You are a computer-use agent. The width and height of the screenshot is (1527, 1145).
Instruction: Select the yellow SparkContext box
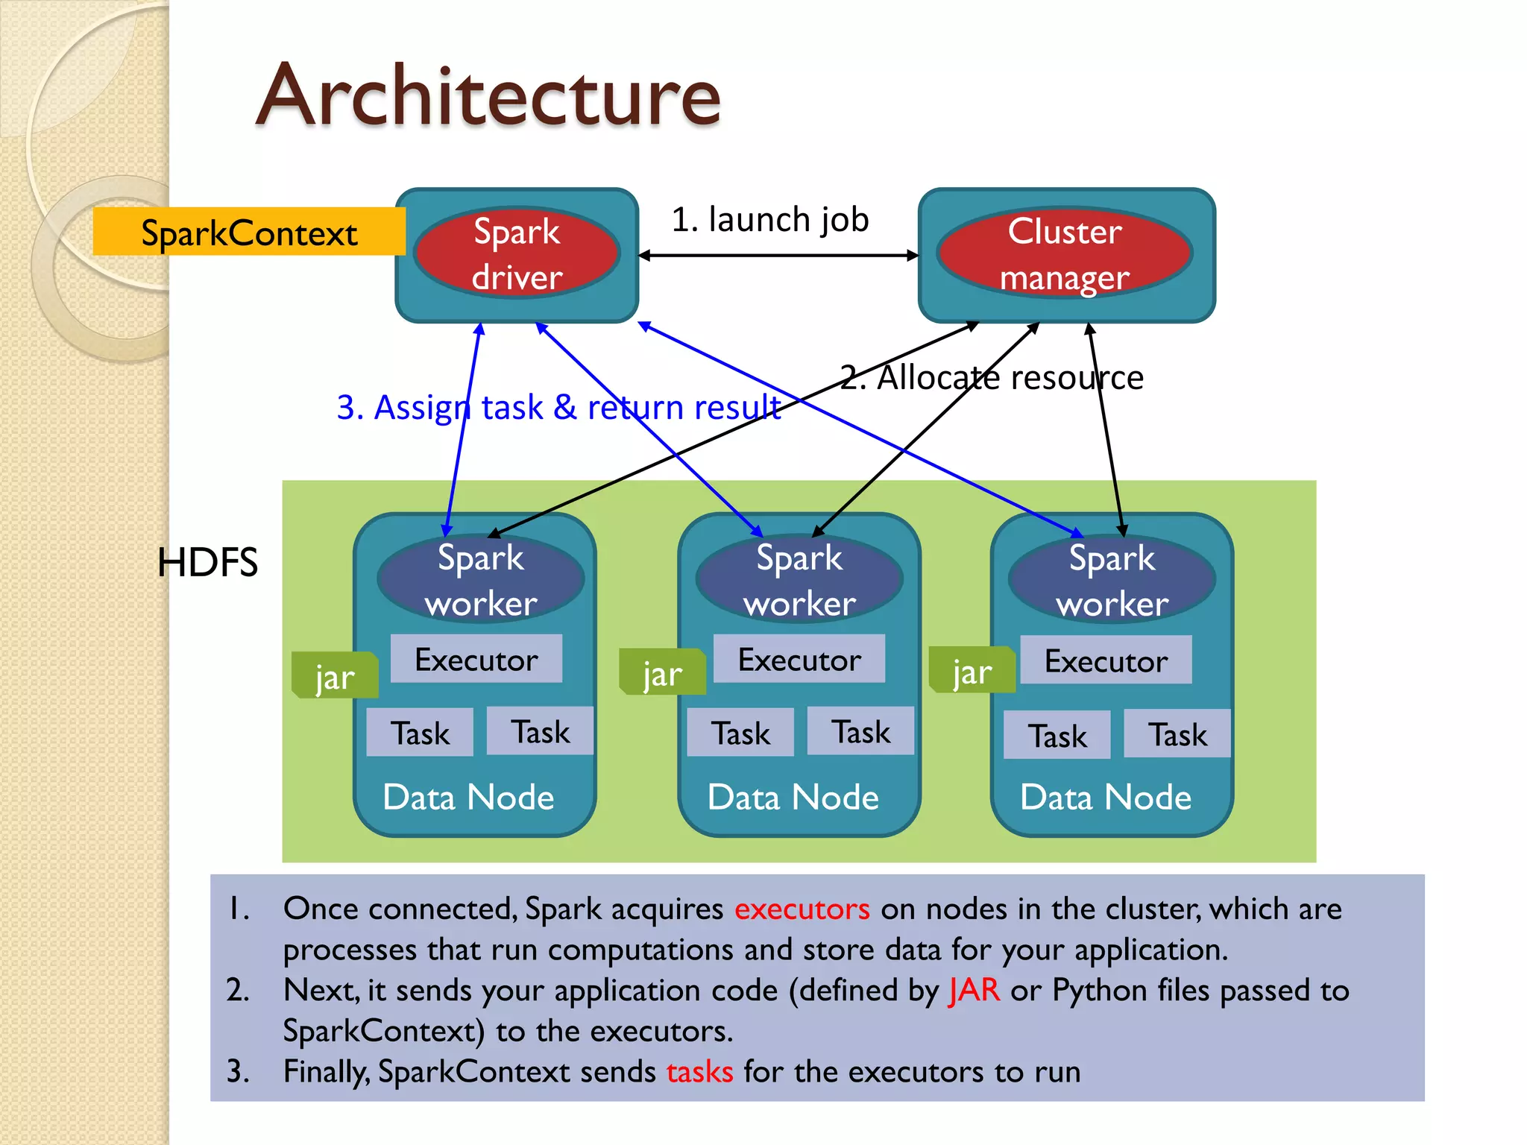248,233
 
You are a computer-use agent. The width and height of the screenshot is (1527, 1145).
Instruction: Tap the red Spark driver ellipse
517,253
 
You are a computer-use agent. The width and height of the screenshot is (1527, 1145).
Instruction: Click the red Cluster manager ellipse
1064,253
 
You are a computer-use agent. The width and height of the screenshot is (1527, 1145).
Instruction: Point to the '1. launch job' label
769,220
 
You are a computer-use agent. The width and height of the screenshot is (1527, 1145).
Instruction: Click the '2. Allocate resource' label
992,378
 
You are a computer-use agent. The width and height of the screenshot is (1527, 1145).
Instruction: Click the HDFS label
207,562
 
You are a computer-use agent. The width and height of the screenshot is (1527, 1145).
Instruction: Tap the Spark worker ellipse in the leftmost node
481,580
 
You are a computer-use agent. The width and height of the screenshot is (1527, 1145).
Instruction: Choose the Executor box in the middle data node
799,659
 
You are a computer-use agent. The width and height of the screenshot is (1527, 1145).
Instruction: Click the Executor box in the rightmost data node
1106,660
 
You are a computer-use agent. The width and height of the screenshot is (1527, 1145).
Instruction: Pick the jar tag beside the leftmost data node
335,676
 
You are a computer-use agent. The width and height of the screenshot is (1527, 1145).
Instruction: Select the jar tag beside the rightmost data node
972,672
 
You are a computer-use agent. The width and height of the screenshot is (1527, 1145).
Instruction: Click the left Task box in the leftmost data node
420,733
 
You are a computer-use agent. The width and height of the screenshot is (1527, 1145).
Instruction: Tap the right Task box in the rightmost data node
1177,734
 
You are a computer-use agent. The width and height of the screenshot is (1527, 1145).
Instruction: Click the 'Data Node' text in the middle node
793,797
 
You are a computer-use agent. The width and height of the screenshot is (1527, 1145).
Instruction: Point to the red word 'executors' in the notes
802,909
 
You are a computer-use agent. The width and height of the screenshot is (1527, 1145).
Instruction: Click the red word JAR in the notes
974,990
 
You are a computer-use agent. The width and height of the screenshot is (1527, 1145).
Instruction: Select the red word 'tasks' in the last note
699,1072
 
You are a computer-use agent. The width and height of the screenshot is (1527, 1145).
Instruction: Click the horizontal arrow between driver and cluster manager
778,256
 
